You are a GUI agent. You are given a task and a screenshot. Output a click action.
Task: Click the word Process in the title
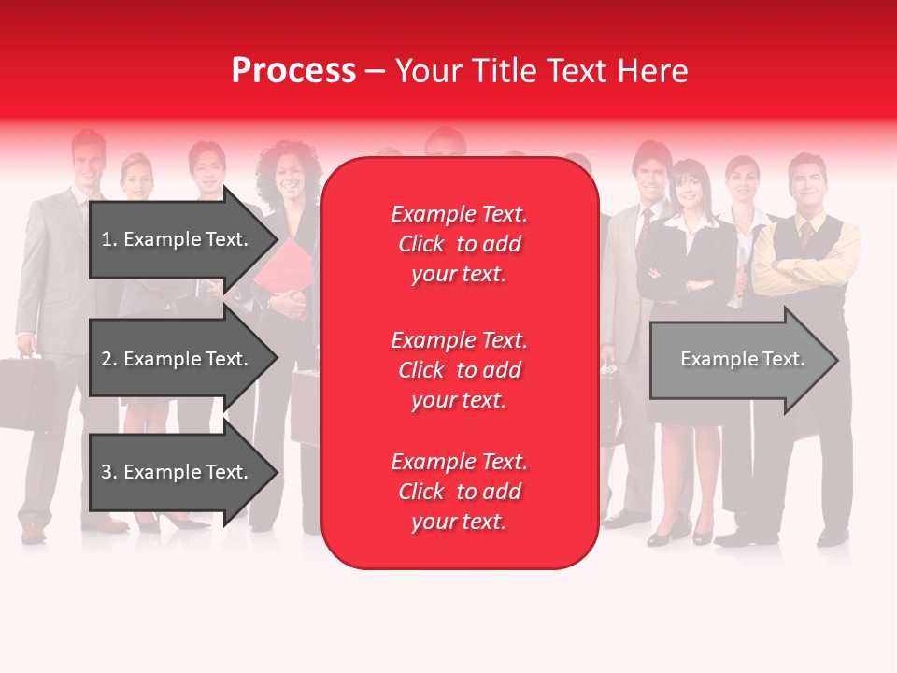293,71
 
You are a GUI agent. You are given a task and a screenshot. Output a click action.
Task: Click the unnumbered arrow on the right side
743,360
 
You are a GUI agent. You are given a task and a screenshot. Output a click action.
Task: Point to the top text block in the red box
459,244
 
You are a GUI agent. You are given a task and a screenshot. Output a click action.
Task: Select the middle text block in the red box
459,370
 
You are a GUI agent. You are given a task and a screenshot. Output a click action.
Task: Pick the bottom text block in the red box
459,492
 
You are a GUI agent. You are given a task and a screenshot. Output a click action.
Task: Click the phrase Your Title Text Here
541,71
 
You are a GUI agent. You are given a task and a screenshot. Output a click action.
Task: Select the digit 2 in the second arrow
107,359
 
